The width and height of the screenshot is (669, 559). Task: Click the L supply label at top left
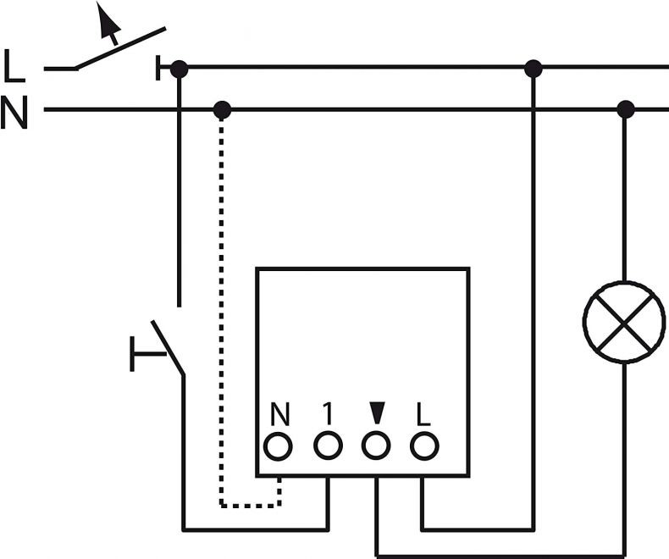click(x=14, y=65)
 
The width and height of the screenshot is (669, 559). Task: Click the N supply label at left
click(x=14, y=112)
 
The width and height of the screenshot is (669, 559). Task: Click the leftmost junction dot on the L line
click(x=180, y=69)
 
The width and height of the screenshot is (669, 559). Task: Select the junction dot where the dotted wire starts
click(x=222, y=110)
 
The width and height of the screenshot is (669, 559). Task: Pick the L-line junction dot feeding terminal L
click(x=534, y=69)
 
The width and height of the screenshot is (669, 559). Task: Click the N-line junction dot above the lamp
click(x=626, y=109)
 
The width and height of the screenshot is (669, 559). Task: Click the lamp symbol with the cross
click(x=624, y=322)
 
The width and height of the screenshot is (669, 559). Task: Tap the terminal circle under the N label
click(x=278, y=446)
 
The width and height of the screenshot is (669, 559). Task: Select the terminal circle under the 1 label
click(x=328, y=446)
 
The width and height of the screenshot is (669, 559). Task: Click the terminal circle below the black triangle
click(x=376, y=446)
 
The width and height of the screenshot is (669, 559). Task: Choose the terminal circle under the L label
click(x=424, y=446)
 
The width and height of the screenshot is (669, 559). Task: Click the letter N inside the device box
click(x=280, y=413)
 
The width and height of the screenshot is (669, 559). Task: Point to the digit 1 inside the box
click(x=327, y=413)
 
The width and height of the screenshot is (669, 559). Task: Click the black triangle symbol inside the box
click(x=377, y=412)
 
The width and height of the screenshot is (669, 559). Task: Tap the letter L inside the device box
click(x=423, y=414)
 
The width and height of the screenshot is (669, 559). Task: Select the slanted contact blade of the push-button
click(x=168, y=348)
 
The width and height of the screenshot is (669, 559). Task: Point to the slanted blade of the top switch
click(x=120, y=47)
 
